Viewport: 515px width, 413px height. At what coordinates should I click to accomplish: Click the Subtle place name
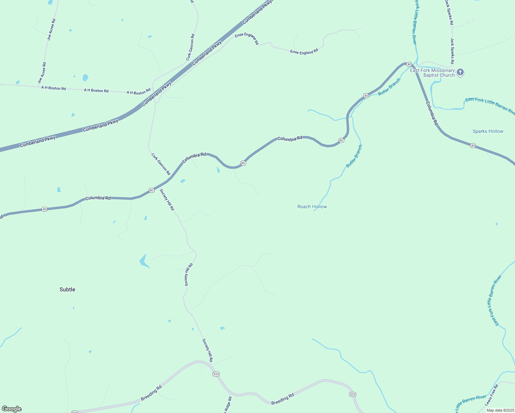tap(67, 289)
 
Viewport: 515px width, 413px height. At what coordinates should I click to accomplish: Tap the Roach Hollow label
tap(312, 206)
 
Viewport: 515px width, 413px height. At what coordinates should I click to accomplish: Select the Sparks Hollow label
tap(488, 131)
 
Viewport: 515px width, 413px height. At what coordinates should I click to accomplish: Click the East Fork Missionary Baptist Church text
tap(432, 73)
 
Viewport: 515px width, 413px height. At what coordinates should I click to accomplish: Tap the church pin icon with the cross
tap(460, 72)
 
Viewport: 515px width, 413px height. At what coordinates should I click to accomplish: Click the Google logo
tap(11, 409)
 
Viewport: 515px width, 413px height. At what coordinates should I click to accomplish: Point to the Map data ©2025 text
tap(500, 410)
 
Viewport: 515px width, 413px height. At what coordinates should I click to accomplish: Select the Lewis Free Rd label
tap(492, 395)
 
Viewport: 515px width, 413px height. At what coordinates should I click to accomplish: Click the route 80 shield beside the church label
tap(409, 64)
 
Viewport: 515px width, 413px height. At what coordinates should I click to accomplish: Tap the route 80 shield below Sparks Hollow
tap(473, 146)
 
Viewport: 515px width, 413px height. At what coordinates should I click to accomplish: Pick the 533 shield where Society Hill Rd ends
tap(216, 374)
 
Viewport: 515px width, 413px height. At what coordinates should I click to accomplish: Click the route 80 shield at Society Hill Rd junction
tap(151, 190)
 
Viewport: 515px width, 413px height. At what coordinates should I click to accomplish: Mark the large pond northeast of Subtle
tap(144, 261)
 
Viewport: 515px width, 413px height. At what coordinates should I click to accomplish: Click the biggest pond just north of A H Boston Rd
tap(85, 77)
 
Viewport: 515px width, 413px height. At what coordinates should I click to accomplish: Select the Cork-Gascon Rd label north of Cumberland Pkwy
tap(190, 47)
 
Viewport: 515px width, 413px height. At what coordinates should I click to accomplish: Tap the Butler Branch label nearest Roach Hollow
tap(354, 156)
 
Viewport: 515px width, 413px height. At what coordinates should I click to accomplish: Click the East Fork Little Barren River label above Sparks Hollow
tap(490, 105)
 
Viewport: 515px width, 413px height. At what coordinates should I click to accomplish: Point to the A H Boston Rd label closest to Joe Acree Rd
tap(54, 88)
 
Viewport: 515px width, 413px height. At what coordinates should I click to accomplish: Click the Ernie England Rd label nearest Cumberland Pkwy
tap(247, 39)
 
